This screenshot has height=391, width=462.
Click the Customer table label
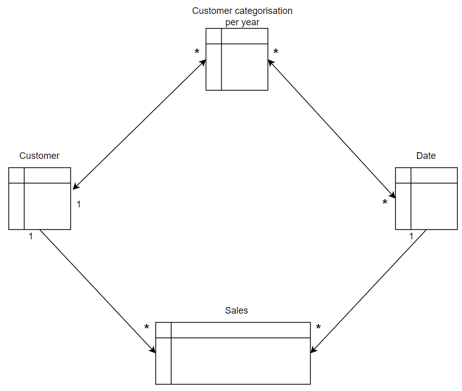point(39,156)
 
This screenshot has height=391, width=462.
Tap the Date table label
point(426,156)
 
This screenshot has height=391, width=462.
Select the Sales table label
point(236,311)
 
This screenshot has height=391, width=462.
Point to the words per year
point(242,22)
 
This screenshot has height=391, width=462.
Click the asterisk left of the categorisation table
point(197,52)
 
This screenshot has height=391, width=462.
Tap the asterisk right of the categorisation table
point(276,52)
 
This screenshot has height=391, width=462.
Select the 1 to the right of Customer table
point(79,204)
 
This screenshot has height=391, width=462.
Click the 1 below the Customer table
point(30,236)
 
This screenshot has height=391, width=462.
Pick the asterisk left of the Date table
point(385,202)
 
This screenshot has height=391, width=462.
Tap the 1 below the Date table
point(411,236)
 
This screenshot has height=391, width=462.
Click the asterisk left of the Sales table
point(146,327)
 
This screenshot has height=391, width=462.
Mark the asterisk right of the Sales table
point(318,327)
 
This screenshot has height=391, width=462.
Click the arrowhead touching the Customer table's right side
point(76,186)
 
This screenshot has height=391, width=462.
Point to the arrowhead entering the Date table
point(392,195)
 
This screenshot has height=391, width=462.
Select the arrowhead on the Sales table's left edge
point(153,349)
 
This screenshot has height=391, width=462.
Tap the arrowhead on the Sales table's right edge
point(314,349)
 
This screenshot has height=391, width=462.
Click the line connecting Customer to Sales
point(98,291)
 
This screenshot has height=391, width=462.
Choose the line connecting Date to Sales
point(368,291)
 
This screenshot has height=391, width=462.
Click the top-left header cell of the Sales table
point(163,330)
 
